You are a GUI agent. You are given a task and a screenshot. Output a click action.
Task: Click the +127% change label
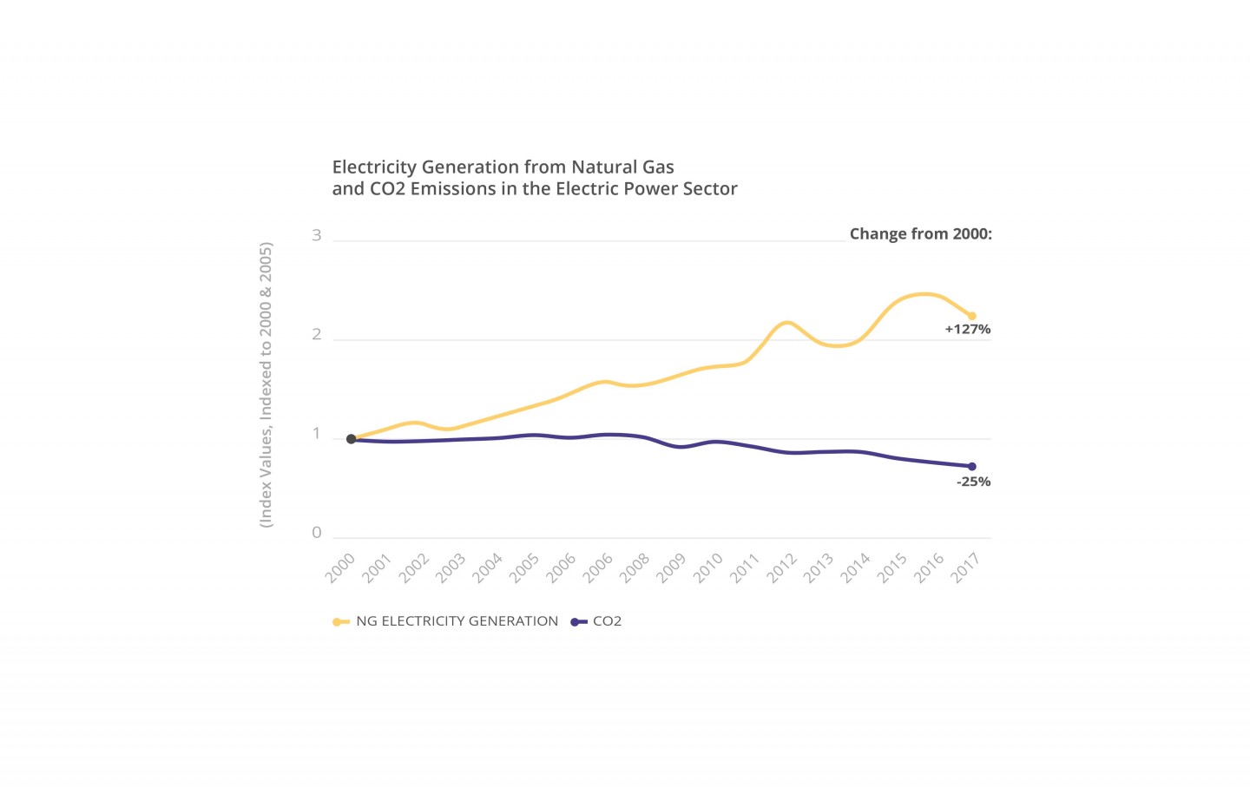(x=967, y=330)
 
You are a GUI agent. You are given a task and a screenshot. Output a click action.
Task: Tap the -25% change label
(x=973, y=482)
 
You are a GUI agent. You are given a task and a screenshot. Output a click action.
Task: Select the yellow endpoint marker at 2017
(x=972, y=316)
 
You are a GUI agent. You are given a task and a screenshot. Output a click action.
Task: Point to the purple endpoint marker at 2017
(x=972, y=467)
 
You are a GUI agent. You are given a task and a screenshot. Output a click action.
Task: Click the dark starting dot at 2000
(x=351, y=439)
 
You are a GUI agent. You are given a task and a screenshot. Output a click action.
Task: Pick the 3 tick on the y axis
(x=317, y=235)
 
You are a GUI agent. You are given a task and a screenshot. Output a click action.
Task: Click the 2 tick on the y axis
(x=317, y=335)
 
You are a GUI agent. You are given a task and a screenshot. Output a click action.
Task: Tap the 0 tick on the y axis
(x=317, y=533)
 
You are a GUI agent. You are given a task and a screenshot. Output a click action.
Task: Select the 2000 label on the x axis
(x=340, y=568)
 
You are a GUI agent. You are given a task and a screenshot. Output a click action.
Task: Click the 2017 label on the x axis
(x=965, y=568)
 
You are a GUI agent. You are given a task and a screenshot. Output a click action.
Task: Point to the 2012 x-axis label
(x=781, y=568)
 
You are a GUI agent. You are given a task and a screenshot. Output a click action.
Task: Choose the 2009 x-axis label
(x=671, y=568)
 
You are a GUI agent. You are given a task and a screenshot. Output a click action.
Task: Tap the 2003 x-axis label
(x=451, y=568)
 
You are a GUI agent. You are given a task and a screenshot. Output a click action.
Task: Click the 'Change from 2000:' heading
(x=920, y=234)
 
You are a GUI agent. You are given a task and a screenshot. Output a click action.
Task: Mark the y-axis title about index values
(x=266, y=384)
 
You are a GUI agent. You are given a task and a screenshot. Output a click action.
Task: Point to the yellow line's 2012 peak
(x=787, y=323)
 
